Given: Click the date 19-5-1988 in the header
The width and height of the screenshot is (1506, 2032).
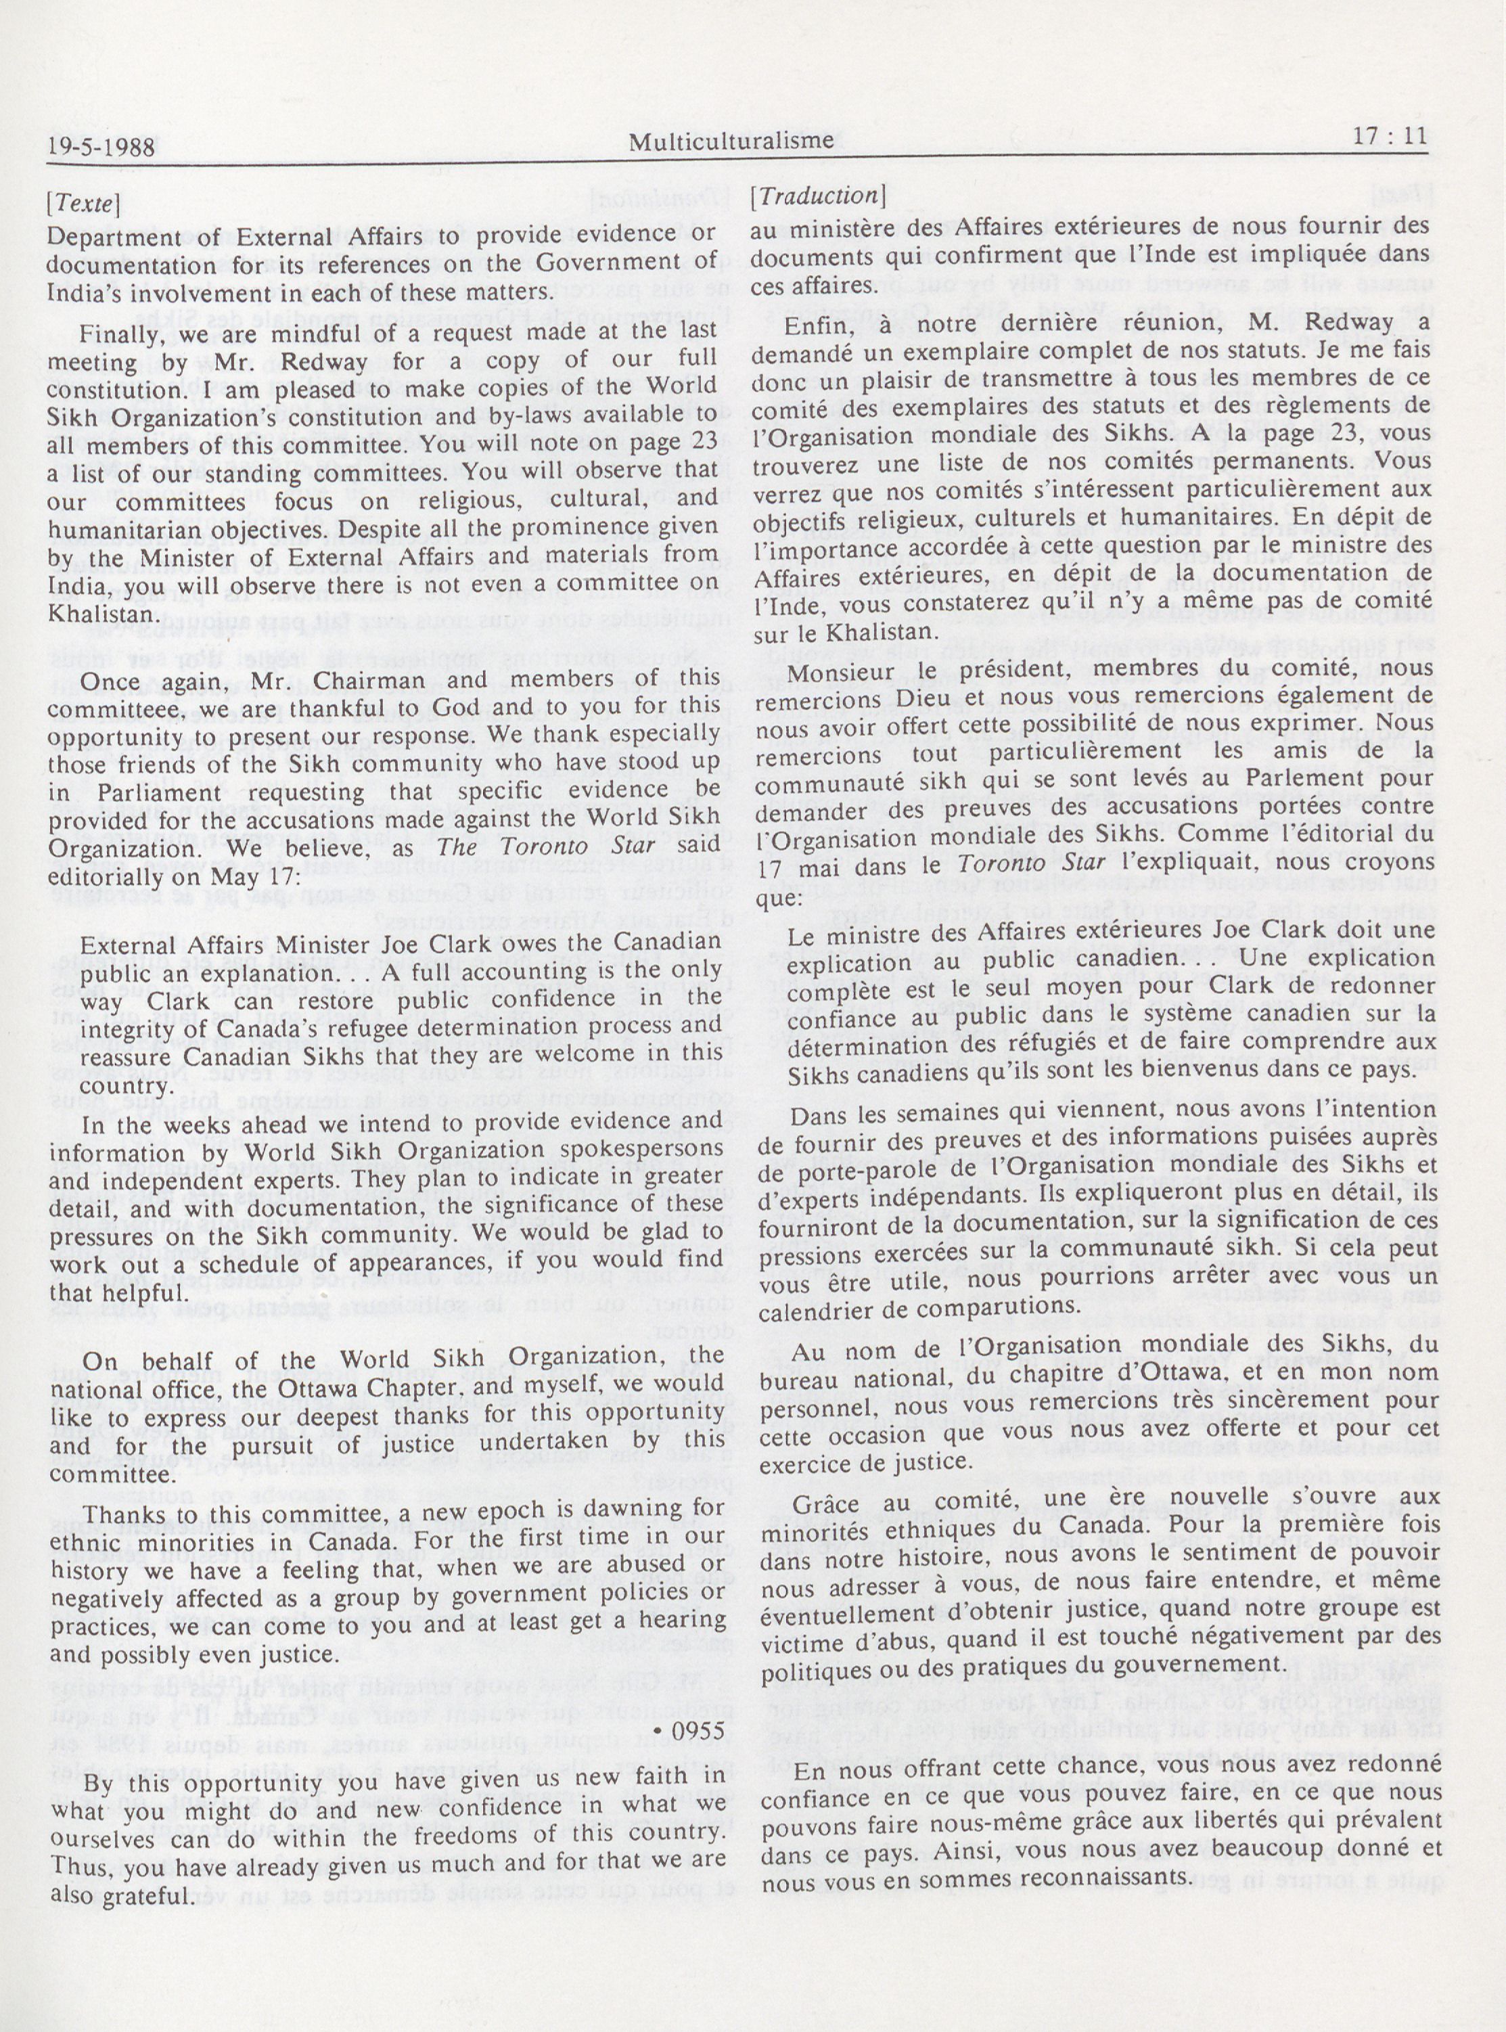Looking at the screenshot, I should [x=101, y=146].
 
